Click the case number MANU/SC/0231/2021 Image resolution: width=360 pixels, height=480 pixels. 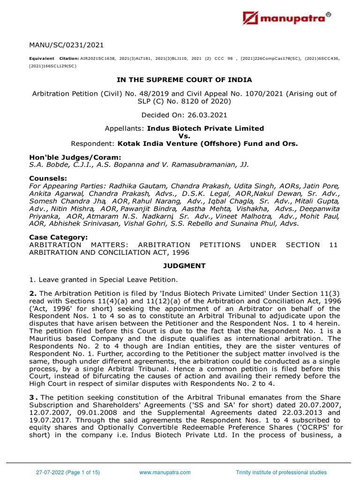coord(66,45)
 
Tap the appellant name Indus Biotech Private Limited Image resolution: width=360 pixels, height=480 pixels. coord(205,128)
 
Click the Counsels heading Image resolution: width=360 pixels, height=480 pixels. coord(48,179)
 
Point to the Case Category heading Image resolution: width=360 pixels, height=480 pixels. coord(58,238)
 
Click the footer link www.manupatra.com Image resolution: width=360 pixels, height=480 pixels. coord(165,472)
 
